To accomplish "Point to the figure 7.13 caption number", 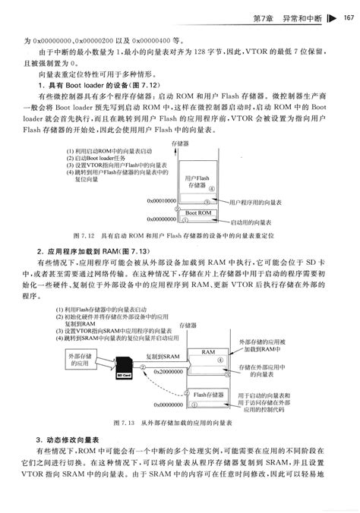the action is click(123, 421).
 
